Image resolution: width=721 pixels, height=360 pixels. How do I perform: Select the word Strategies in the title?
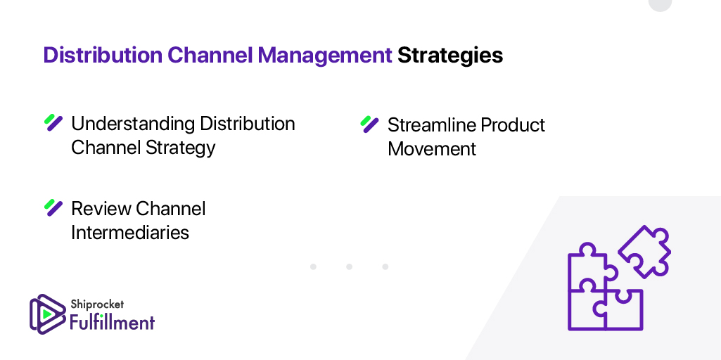pyautogui.click(x=450, y=55)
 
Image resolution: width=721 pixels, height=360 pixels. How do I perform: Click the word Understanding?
pyautogui.click(x=133, y=124)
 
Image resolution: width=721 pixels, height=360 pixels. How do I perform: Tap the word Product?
pyautogui.click(x=510, y=125)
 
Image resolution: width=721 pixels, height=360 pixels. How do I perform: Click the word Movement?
pyautogui.click(x=431, y=149)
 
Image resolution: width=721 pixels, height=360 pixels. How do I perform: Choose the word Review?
pyautogui.click(x=101, y=209)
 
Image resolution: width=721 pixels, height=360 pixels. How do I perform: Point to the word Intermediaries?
pyautogui.click(x=130, y=233)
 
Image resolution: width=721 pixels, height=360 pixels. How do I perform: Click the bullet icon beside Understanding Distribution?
pyautogui.click(x=53, y=123)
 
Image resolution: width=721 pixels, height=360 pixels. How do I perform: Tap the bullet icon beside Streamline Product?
pyautogui.click(x=369, y=124)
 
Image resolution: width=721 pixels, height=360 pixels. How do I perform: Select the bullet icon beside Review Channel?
pyautogui.click(x=53, y=207)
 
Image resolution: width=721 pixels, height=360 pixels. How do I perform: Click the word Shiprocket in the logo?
pyautogui.click(x=97, y=304)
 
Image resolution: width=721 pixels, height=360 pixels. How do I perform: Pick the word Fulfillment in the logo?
pyautogui.click(x=112, y=322)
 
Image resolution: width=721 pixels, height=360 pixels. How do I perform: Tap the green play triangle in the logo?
pyautogui.click(x=45, y=314)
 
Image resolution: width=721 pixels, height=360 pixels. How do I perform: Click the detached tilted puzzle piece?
pyautogui.click(x=644, y=251)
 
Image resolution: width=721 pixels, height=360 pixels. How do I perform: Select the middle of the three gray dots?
pyautogui.click(x=349, y=267)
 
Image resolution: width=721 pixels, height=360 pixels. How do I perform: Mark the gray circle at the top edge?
pyautogui.click(x=660, y=4)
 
